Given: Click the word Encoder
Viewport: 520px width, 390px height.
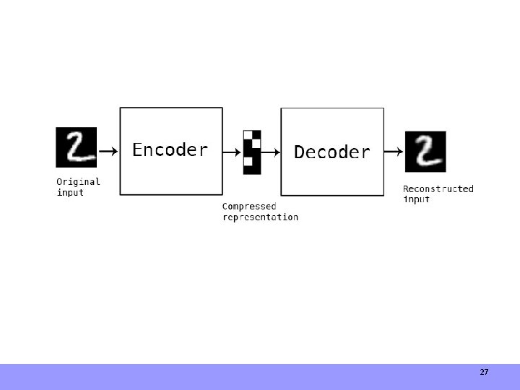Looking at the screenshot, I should pos(170,150).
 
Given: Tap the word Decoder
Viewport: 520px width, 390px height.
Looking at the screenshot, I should pos(331,152).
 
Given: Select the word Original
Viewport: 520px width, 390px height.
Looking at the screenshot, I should pos(78,182).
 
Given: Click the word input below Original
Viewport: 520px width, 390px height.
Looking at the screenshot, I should pos(70,193).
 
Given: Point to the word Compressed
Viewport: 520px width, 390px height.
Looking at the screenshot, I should pos(248,206).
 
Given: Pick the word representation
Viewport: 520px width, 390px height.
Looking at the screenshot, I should pos(260,217).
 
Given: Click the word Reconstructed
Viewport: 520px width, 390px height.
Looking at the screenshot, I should pos(438,189).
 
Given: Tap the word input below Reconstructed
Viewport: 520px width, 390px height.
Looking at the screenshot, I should pos(416,199).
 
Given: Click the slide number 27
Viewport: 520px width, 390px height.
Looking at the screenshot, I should pos(484,373).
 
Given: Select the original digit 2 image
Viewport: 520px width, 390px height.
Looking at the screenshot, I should pos(76,147).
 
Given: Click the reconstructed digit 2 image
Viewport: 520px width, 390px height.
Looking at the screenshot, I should pos(425,152).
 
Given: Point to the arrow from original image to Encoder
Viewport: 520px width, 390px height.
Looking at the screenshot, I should pos(108,152).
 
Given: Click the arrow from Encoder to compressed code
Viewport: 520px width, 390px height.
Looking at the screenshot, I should pos(232,152).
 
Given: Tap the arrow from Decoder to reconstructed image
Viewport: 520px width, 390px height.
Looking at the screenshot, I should pos(394,152).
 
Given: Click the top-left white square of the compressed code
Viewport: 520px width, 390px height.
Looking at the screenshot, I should pos(248,135).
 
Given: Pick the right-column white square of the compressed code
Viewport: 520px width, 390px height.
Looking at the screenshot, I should pos(256,144).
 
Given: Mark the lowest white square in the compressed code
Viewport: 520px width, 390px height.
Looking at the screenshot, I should pos(248,161).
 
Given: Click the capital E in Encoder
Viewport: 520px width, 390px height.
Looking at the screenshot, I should pos(138,150).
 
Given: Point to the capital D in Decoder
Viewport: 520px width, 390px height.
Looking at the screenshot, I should pos(300,152).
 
